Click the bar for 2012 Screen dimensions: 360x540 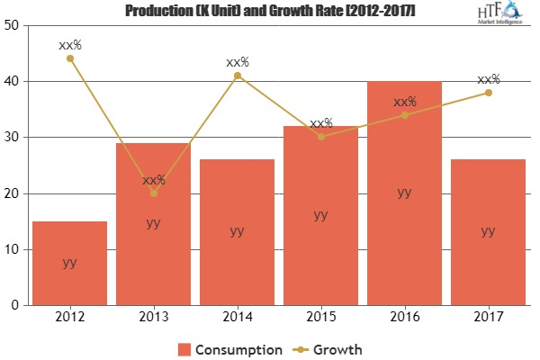69,263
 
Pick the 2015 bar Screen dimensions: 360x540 320,215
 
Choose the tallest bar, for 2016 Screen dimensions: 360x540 404,193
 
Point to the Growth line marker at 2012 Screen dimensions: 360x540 69,58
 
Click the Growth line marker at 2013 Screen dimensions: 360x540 153,193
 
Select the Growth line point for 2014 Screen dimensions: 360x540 237,76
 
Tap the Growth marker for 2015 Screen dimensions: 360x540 320,137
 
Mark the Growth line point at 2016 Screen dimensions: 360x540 404,114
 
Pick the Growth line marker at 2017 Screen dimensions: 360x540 488,93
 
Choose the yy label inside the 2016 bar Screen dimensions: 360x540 404,192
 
